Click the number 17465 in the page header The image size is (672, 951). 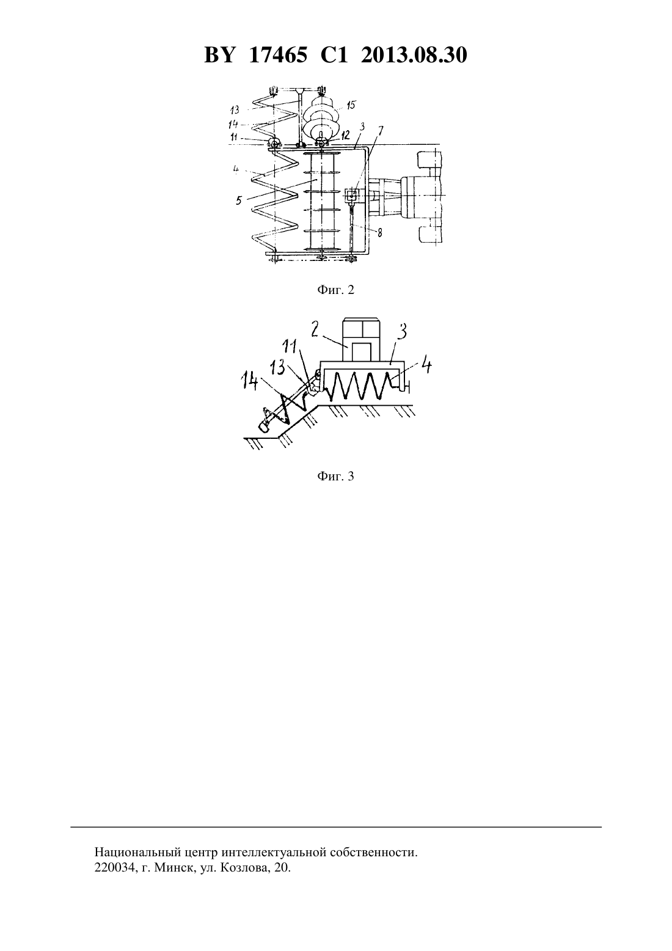277,55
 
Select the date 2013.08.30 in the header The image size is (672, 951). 414,55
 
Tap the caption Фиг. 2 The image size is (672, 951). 335,290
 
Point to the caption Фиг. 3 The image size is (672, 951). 335,476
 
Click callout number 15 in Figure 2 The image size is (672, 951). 351,105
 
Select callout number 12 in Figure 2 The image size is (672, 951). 345,136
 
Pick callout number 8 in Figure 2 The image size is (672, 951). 379,233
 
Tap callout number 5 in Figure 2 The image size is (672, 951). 239,200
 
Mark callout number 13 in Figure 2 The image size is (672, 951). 235,110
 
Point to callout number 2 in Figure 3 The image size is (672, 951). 315,329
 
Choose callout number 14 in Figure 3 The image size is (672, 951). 249,380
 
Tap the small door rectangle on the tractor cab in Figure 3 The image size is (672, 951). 362,352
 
